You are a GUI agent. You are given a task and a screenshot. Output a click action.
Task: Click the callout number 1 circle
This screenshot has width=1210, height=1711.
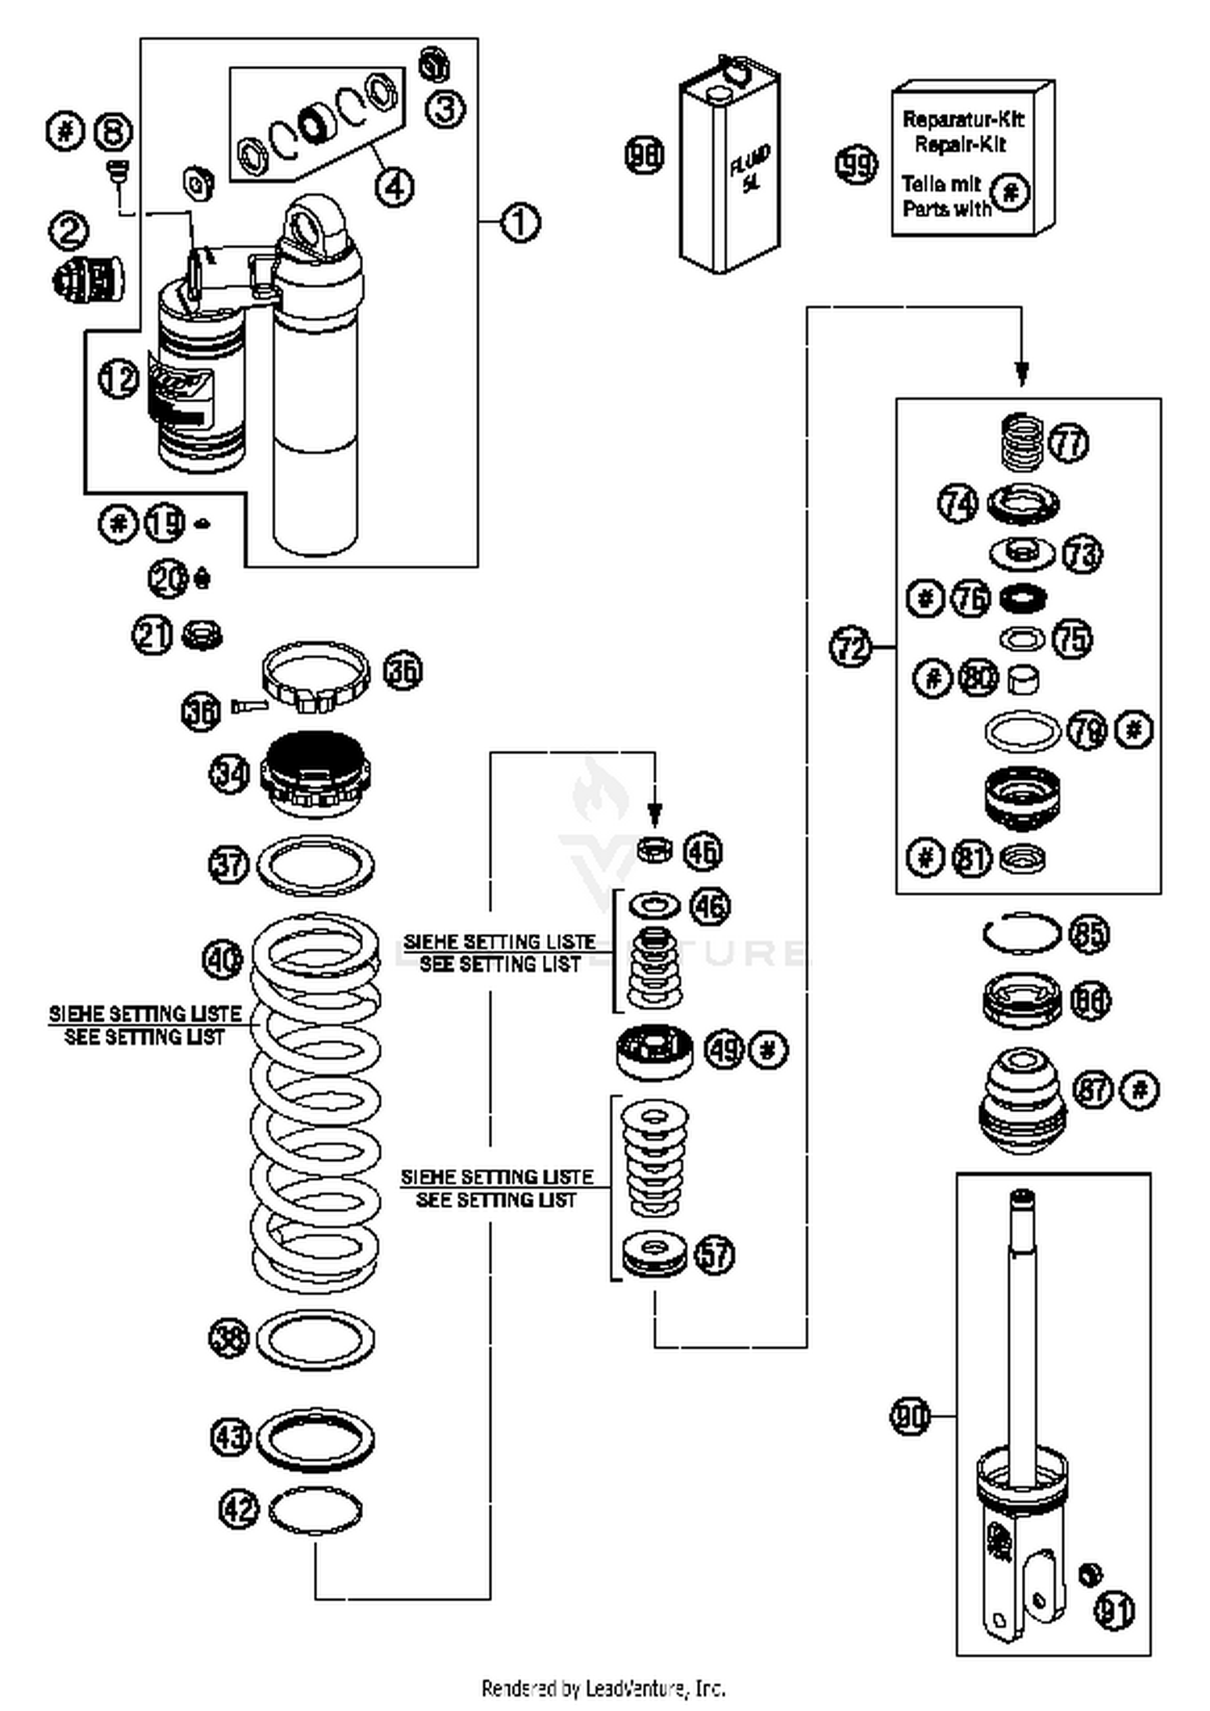pos(520,222)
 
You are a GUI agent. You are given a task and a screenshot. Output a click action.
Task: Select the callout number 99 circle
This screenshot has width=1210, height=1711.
pos(855,164)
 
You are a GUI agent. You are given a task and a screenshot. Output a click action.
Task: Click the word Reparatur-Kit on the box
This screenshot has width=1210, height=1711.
pos(962,119)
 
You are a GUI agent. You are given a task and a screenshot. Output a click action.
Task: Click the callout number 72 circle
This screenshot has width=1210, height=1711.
pos(850,647)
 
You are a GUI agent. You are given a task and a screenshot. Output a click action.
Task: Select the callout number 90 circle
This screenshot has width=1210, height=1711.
pos(910,1416)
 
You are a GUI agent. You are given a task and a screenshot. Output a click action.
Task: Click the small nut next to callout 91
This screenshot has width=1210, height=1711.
pos(1091,1573)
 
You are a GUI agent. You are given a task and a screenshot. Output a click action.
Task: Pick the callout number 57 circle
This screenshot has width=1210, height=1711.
pos(715,1255)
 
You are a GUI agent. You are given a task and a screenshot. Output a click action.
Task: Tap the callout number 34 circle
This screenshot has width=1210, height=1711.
pos(229,774)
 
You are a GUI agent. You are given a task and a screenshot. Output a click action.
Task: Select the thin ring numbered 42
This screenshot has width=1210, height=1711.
pos(315,1510)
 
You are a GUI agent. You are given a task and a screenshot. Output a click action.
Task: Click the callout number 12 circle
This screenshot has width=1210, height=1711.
pos(119,378)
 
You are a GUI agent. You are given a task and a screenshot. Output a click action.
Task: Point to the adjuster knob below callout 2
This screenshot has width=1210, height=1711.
pos(90,279)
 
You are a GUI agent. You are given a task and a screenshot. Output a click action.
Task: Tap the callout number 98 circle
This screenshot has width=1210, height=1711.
pos(645,155)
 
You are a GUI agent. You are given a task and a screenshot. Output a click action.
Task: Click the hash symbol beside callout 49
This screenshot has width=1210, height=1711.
pos(768,1049)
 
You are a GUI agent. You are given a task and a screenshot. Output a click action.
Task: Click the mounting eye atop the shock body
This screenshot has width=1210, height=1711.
pos(314,227)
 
